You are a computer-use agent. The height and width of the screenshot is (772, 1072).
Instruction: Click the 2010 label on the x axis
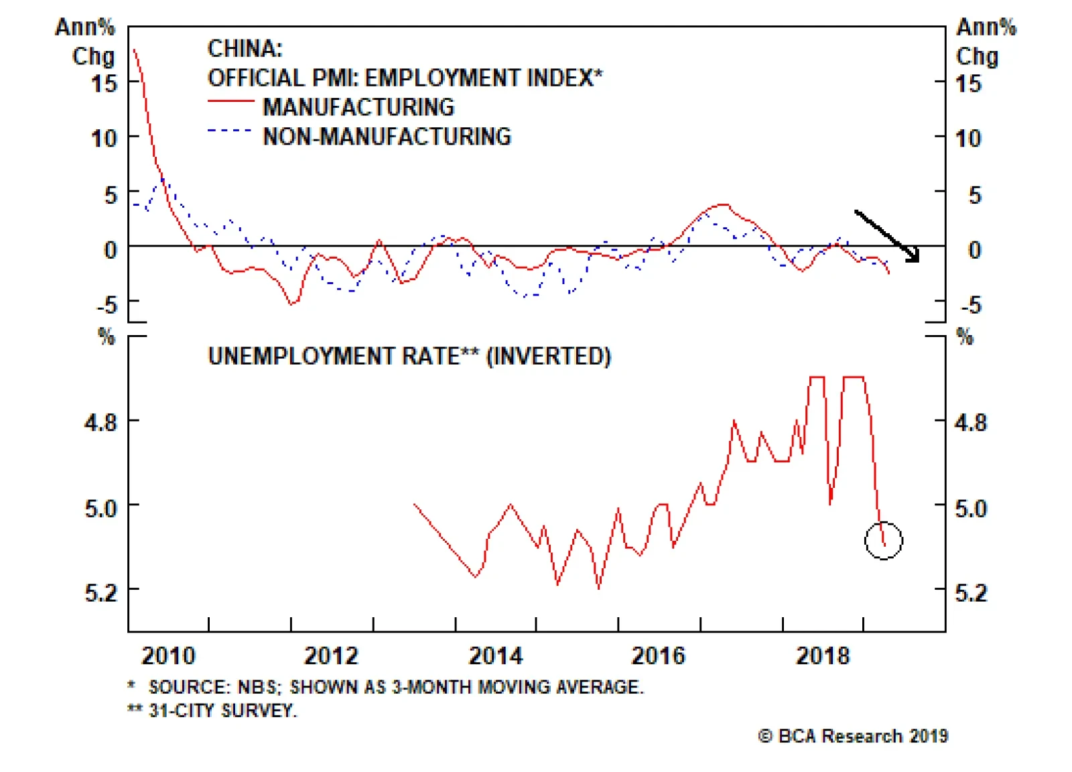click(168, 655)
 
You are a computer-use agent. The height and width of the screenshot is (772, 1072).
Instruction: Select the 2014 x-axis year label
click(496, 655)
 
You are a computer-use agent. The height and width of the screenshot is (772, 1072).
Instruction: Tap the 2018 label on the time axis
click(823, 655)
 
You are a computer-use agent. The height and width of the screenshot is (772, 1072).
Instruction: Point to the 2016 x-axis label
click(659, 655)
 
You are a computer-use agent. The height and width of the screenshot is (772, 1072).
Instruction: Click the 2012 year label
click(332, 655)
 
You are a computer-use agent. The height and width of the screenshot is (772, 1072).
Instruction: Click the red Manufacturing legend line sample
click(230, 101)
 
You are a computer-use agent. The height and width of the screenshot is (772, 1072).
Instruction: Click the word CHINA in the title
click(245, 48)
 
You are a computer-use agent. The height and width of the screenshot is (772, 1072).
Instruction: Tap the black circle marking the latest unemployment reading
click(884, 540)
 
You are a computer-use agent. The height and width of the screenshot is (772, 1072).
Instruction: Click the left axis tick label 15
click(104, 84)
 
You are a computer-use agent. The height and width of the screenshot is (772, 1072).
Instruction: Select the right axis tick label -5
click(971, 306)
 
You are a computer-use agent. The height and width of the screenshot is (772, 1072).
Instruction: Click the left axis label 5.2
click(100, 592)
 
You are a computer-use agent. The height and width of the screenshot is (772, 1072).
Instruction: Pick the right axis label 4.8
click(971, 423)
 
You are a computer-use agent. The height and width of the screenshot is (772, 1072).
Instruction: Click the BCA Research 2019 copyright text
click(854, 736)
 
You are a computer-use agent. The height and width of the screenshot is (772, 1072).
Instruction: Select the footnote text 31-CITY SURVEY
click(222, 710)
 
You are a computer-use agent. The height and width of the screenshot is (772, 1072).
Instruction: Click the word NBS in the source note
click(257, 687)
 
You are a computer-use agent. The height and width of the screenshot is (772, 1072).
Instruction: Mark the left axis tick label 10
click(104, 139)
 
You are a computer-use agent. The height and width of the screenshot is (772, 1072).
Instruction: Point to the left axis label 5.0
click(100, 508)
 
